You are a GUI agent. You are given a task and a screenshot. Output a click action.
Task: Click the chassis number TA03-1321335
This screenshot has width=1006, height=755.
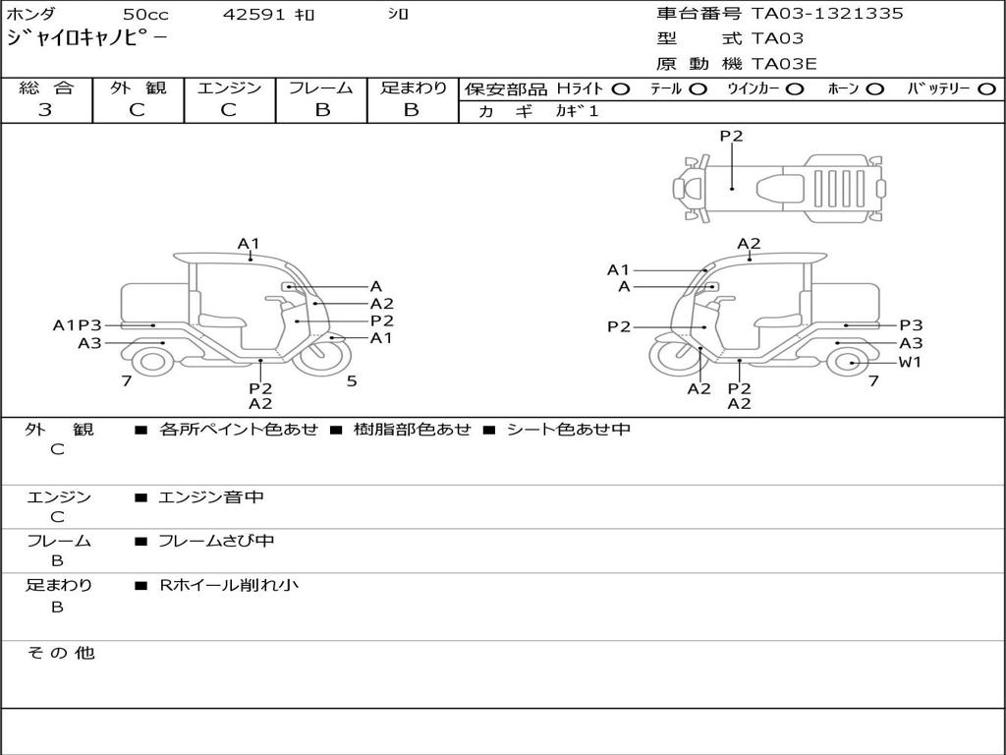[x=827, y=14]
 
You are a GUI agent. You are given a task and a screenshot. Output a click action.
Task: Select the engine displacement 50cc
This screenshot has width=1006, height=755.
[x=144, y=15]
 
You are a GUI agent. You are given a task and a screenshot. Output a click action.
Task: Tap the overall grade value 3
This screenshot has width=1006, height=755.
[x=46, y=110]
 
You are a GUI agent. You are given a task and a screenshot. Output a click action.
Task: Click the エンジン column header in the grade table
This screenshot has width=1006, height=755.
[x=229, y=88]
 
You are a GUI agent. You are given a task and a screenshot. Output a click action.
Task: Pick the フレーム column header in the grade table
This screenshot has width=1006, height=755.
[x=321, y=88]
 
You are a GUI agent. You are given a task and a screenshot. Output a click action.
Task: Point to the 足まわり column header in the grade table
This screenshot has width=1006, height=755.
[x=413, y=88]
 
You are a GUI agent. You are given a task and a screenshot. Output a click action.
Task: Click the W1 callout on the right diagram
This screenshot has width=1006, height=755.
[x=911, y=363]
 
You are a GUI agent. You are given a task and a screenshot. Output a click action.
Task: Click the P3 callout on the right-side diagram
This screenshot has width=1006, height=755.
[x=911, y=325]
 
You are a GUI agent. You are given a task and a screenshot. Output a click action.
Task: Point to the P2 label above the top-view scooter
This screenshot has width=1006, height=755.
[x=731, y=137]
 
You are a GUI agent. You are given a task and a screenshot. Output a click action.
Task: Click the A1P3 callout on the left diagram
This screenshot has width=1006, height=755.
[x=78, y=325]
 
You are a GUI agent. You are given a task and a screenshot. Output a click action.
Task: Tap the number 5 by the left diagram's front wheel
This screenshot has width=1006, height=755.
[x=352, y=381]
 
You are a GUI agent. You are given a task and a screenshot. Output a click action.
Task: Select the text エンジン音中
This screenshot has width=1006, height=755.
[x=211, y=497]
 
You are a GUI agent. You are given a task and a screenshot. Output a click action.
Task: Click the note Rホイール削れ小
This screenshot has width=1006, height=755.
[x=229, y=586]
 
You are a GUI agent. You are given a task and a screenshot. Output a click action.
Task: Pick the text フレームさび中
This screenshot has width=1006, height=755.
[x=216, y=542]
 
